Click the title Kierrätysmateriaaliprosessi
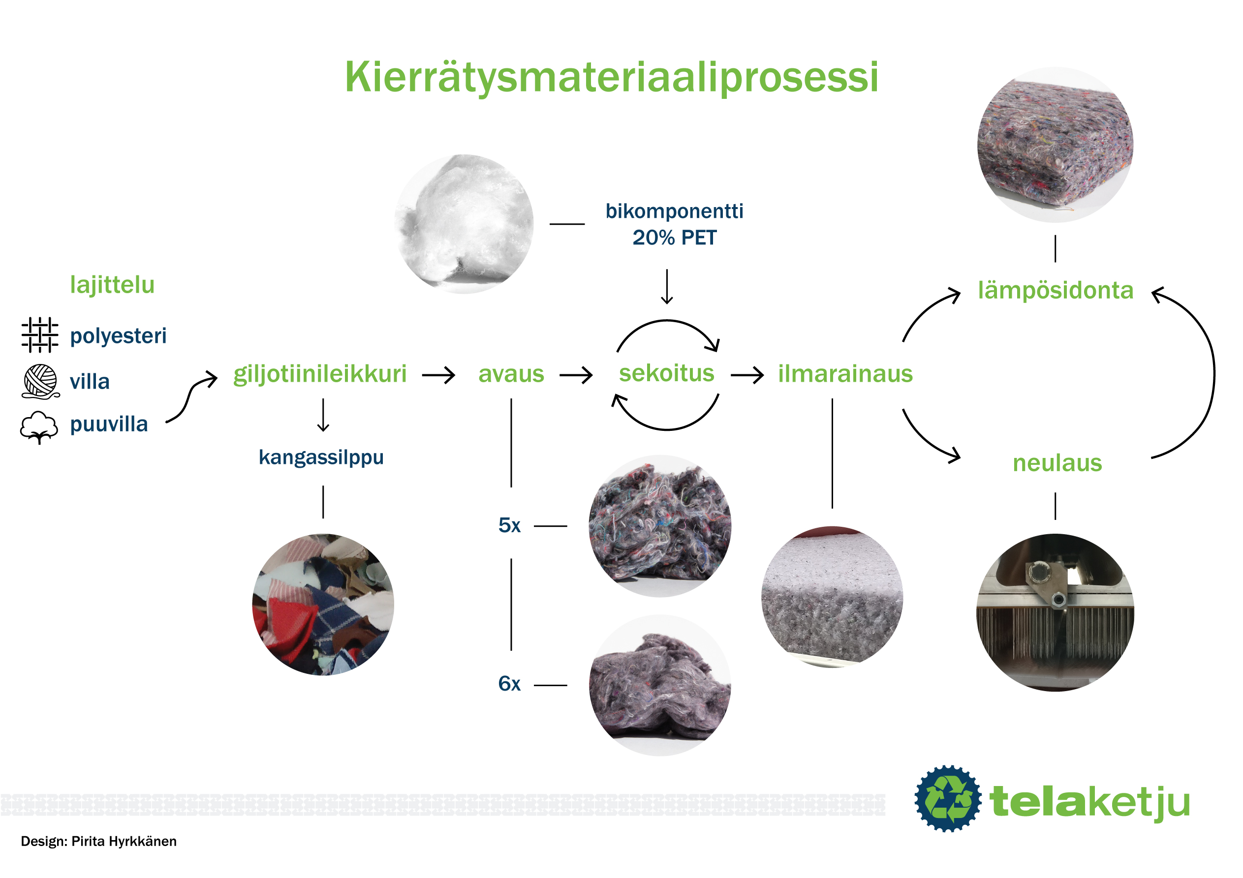pyautogui.click(x=611, y=77)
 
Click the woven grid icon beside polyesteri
pyautogui.click(x=39, y=335)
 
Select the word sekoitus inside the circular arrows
pyautogui.click(x=666, y=373)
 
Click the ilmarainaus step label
pyautogui.click(x=845, y=374)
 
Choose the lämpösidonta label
pyautogui.click(x=1055, y=291)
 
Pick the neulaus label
pyautogui.click(x=1057, y=463)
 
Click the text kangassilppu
pyautogui.click(x=321, y=457)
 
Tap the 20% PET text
pyautogui.click(x=674, y=238)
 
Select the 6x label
pyautogui.click(x=509, y=684)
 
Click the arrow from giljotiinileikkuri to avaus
pyautogui.click(x=438, y=375)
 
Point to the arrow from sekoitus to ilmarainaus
pyautogui.click(x=747, y=375)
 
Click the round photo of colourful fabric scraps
pyautogui.click(x=323, y=605)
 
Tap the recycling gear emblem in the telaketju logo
pyautogui.click(x=947, y=798)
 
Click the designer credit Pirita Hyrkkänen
pyautogui.click(x=124, y=842)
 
